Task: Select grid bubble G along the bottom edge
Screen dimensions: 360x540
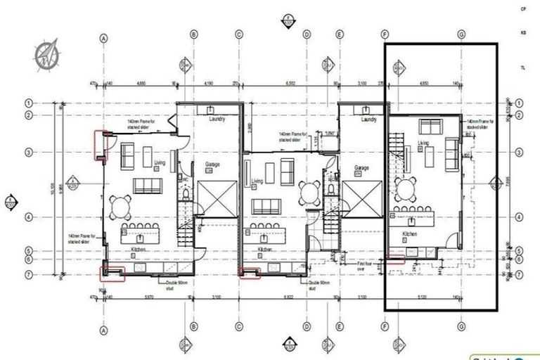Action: point(461,329)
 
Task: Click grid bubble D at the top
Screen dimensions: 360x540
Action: point(307,34)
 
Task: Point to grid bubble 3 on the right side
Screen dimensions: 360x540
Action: point(519,152)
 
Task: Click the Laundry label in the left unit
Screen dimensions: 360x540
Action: point(217,120)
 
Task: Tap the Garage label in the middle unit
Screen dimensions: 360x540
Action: point(361,169)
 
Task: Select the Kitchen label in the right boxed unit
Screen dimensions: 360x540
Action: point(410,233)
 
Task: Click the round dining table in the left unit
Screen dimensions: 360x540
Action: point(122,206)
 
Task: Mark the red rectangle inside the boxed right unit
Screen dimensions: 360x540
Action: point(397,259)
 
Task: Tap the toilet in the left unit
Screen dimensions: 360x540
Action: point(185,193)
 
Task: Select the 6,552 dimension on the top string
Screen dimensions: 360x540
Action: point(290,83)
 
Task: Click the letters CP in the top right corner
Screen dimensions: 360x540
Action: point(523,8)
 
